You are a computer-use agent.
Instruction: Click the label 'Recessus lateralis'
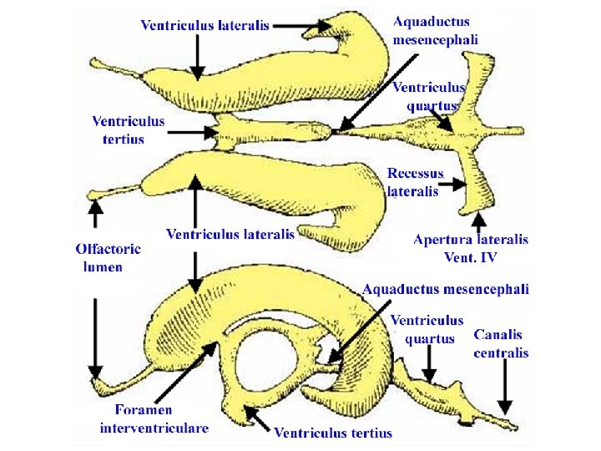pyautogui.click(x=415, y=182)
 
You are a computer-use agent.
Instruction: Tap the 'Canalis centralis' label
pyautogui.click(x=501, y=343)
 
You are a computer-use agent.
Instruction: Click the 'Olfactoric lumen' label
pyautogui.click(x=108, y=258)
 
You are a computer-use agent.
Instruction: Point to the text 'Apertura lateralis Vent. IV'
pyautogui.click(x=471, y=249)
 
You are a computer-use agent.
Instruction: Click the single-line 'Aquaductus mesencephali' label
pyautogui.click(x=446, y=290)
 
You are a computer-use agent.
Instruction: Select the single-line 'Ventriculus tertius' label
pyautogui.click(x=333, y=433)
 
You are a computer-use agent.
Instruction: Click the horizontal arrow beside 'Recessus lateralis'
pyautogui.click(x=454, y=184)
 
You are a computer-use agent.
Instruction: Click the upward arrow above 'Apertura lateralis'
pyautogui.click(x=478, y=220)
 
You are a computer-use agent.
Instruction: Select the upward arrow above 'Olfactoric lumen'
pyautogui.click(x=97, y=214)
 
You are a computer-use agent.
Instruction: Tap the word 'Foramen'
pyautogui.click(x=144, y=410)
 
